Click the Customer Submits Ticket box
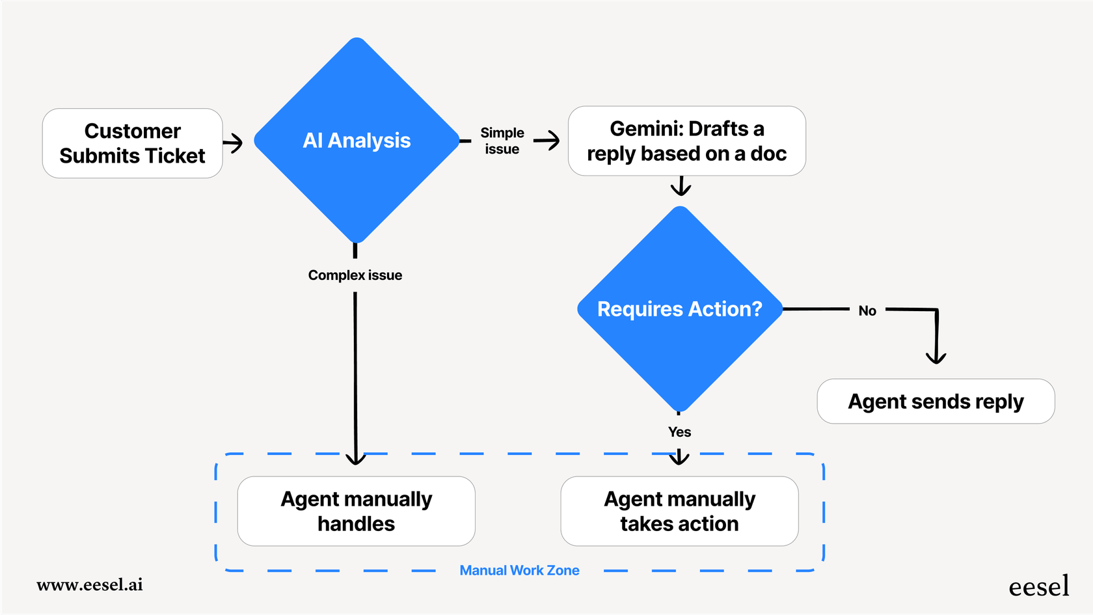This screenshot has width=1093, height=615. (132, 143)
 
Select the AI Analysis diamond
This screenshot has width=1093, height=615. (357, 141)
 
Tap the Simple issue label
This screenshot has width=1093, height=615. (502, 141)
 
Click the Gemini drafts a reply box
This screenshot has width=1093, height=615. (686, 141)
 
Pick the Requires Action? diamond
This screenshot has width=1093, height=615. (679, 309)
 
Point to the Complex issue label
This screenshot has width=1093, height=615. (355, 275)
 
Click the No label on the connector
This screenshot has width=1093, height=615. (867, 311)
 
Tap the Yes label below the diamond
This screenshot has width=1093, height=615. (679, 432)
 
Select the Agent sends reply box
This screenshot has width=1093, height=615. (936, 402)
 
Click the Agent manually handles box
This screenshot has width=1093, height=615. (356, 511)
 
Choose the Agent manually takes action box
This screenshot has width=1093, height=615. (679, 511)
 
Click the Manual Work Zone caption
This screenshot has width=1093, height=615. (519, 571)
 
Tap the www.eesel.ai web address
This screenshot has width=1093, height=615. (90, 584)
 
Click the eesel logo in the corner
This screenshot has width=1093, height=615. (1038, 586)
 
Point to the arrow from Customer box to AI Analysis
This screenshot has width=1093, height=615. (233, 143)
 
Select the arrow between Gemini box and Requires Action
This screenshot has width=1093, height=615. (681, 186)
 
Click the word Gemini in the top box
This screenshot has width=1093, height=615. (645, 129)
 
